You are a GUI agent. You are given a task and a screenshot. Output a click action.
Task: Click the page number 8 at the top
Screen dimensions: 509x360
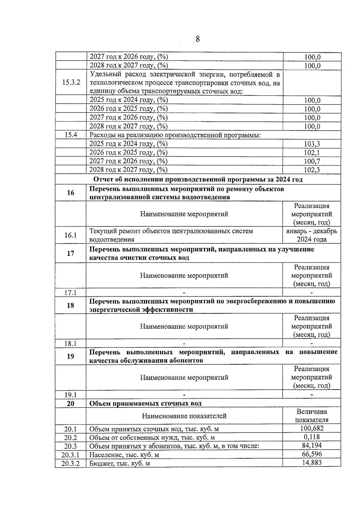(x=197, y=39)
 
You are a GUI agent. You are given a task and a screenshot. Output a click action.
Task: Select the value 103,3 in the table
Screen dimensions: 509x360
(x=312, y=144)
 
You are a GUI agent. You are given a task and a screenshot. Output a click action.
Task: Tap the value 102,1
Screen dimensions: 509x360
(x=312, y=153)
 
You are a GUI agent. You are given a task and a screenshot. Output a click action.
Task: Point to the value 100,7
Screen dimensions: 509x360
(x=312, y=161)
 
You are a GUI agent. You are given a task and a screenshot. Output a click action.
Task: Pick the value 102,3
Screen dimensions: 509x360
(x=312, y=170)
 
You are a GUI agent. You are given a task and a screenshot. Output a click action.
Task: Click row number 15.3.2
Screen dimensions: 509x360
(x=71, y=82)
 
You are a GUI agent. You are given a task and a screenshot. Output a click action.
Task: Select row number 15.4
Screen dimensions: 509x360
(x=71, y=135)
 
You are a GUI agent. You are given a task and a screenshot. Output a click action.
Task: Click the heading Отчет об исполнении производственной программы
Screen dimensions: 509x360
(x=198, y=179)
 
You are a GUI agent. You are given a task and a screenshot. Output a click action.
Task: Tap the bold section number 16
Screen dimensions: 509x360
(x=70, y=193)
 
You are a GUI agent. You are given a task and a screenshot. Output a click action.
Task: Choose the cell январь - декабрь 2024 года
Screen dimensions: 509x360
(x=312, y=235)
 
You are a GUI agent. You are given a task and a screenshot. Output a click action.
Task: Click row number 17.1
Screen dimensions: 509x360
(x=70, y=292)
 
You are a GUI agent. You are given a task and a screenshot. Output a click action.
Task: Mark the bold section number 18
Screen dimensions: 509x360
(x=70, y=305)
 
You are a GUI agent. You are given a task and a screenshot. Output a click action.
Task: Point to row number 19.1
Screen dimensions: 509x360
(x=70, y=395)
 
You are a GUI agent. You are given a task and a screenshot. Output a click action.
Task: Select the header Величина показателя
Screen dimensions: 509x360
(x=312, y=416)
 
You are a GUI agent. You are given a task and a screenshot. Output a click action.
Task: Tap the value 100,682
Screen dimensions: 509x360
(x=312, y=429)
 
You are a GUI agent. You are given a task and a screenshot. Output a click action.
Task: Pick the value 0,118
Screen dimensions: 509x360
(x=312, y=437)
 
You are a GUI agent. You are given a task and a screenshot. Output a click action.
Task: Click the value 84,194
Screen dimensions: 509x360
(x=312, y=445)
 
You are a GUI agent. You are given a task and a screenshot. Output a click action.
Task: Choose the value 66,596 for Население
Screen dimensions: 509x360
(x=312, y=454)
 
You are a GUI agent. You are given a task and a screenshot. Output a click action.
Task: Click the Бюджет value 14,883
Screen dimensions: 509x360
(x=312, y=463)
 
